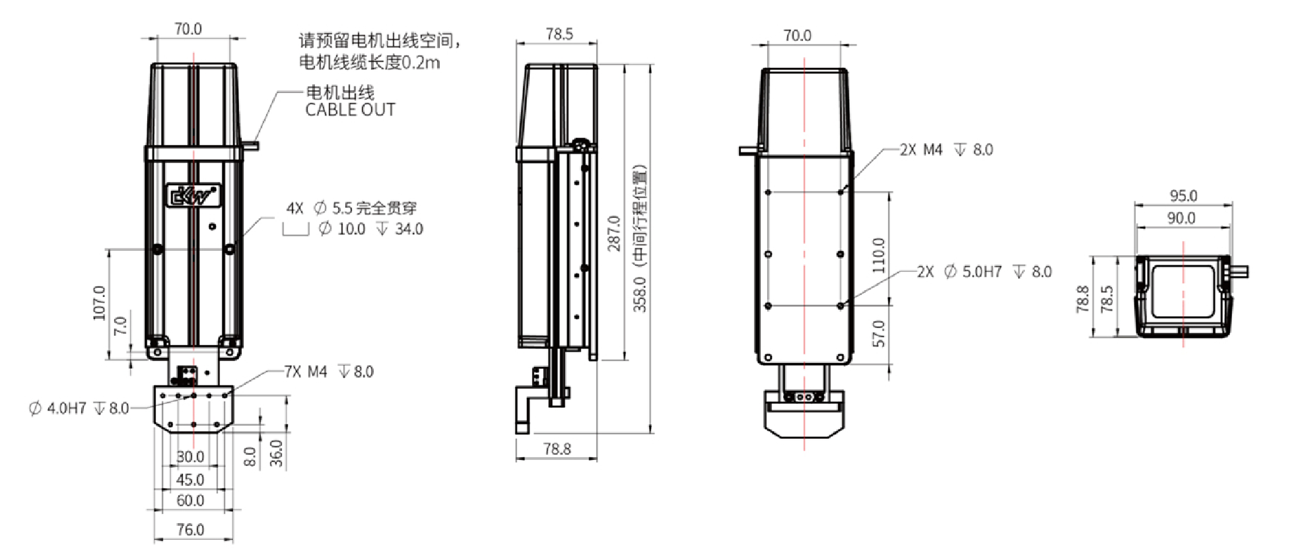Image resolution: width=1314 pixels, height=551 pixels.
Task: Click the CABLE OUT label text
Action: [x=350, y=110]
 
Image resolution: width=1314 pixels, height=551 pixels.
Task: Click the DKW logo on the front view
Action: [x=192, y=195]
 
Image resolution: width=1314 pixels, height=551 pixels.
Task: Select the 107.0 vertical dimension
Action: [x=99, y=303]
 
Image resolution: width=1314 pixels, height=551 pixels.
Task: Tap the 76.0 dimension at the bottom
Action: [x=190, y=529]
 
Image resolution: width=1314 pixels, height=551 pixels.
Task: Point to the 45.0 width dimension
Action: [x=190, y=480]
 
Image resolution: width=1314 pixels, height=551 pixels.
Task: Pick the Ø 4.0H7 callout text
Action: [x=79, y=408]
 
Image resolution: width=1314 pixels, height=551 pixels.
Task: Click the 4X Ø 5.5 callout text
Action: [x=351, y=209]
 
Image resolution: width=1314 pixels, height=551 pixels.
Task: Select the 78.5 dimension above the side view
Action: [x=559, y=34]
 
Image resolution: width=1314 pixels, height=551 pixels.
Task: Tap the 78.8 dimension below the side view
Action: [x=557, y=449]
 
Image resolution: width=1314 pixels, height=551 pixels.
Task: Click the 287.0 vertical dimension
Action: [x=614, y=233]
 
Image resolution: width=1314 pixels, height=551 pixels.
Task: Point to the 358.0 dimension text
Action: [x=640, y=294]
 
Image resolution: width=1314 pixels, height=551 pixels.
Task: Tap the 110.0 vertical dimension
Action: [x=878, y=255]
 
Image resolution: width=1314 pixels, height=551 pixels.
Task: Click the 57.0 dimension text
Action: [x=878, y=333]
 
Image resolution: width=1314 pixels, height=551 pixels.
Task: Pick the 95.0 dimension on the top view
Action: [x=1183, y=196]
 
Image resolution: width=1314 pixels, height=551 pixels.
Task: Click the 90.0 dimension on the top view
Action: [x=1181, y=218]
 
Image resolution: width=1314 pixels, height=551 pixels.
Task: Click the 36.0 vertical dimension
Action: [x=277, y=453]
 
